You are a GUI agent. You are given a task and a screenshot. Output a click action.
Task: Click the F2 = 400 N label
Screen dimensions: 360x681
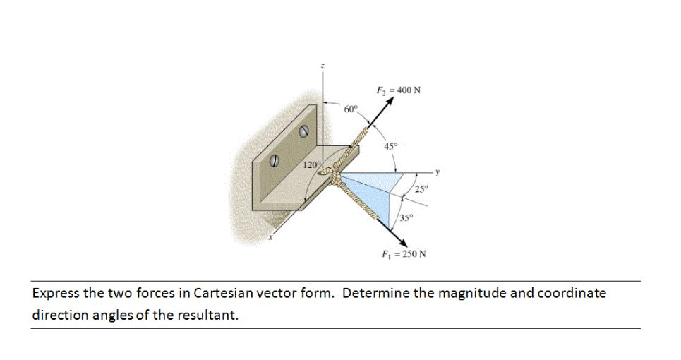(x=399, y=90)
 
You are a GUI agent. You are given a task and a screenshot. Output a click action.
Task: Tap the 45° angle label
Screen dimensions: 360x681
(x=390, y=146)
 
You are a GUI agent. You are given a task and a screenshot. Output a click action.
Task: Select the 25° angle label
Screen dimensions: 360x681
(x=421, y=188)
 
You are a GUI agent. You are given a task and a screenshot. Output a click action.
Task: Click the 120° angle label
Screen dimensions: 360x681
(x=311, y=165)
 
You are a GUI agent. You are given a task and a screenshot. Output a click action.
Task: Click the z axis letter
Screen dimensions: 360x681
(x=323, y=65)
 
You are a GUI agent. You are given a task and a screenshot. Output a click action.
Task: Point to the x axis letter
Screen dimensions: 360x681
(x=268, y=241)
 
